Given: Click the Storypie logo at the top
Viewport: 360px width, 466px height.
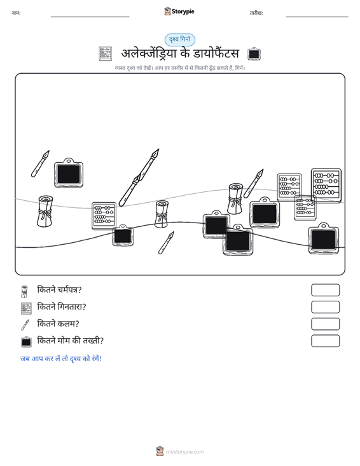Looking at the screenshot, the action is (x=179, y=11).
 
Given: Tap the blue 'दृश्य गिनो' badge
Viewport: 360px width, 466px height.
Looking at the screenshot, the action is (x=180, y=39).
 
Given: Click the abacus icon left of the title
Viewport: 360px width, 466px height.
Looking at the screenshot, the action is (x=105, y=53).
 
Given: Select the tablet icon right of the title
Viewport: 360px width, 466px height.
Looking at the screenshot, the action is (x=254, y=53).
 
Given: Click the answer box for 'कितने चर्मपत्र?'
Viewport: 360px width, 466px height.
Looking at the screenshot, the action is (x=325, y=290).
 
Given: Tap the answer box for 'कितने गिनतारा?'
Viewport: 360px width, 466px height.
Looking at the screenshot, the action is (x=325, y=307).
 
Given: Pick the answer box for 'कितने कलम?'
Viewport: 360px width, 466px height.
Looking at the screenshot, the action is (x=325, y=324).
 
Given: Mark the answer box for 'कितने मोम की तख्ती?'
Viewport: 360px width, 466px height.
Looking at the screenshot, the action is (x=325, y=341).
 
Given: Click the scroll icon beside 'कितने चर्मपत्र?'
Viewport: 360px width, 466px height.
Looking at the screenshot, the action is (x=24, y=292).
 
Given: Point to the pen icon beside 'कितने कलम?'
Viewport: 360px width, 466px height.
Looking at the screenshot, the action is (x=25, y=325).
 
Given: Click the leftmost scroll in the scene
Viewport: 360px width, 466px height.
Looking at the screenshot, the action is (x=45, y=211).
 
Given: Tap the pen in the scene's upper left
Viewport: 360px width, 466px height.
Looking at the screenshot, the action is (x=40, y=164).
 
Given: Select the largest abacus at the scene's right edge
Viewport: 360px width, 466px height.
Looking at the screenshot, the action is (x=326, y=186).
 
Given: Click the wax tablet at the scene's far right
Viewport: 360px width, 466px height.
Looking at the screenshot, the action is (x=324, y=238).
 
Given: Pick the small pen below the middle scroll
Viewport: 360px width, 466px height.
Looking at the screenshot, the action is (x=166, y=243).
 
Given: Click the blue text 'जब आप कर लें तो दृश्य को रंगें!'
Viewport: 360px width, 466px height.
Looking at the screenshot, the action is (x=61, y=359).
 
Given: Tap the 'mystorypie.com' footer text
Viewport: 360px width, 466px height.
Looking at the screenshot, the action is (x=184, y=452).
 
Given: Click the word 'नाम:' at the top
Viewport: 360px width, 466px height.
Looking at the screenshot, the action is (x=16, y=13).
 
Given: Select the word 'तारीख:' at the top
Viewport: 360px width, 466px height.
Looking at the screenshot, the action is (x=256, y=13).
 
